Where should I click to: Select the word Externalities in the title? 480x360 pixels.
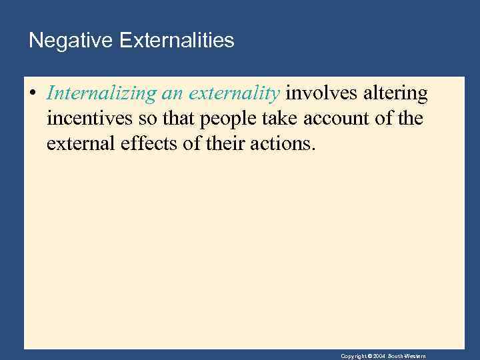point(177,41)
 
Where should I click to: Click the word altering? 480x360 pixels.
point(396,94)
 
